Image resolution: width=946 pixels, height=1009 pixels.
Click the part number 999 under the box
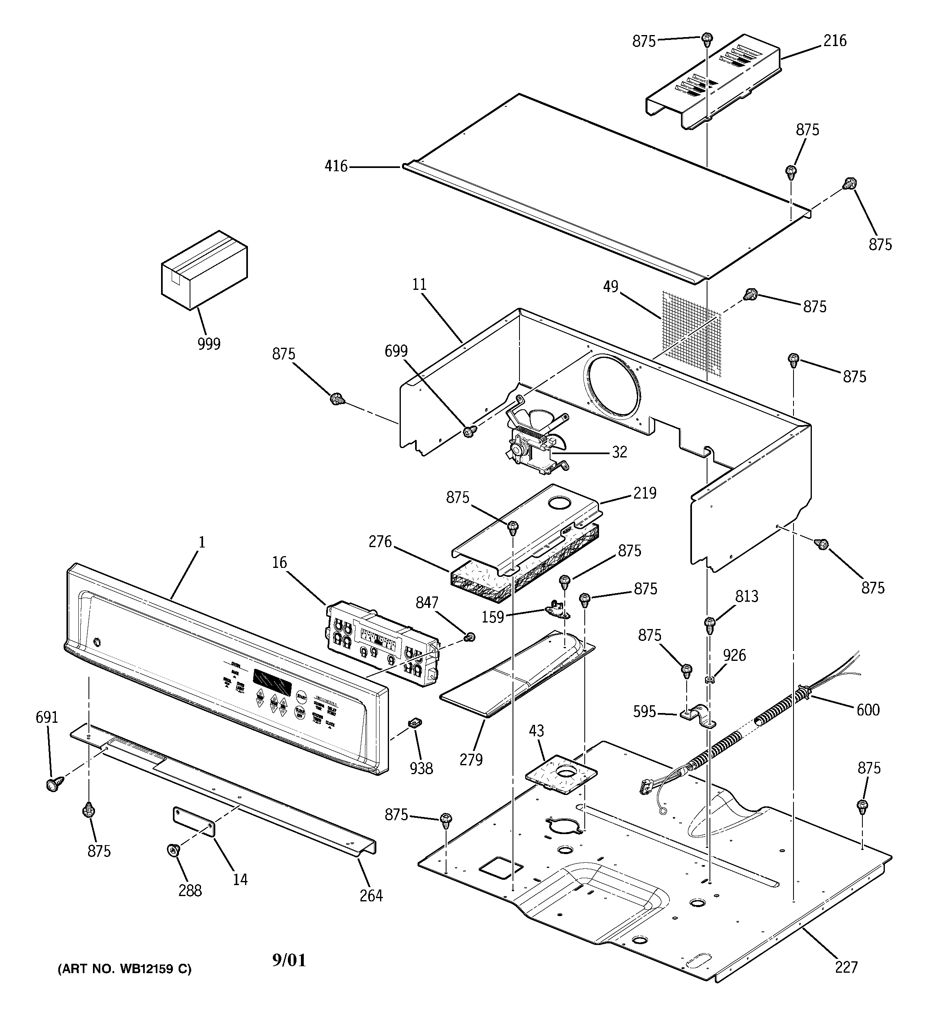[x=209, y=344]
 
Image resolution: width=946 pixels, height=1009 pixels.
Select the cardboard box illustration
[x=204, y=270]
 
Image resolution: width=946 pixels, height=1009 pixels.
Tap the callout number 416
[x=336, y=166]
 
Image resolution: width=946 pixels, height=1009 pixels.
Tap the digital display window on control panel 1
[x=272, y=682]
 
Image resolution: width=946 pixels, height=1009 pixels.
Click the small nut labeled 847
[x=470, y=636]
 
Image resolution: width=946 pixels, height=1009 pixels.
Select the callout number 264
[x=371, y=895]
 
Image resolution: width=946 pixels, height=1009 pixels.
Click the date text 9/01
[x=289, y=960]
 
